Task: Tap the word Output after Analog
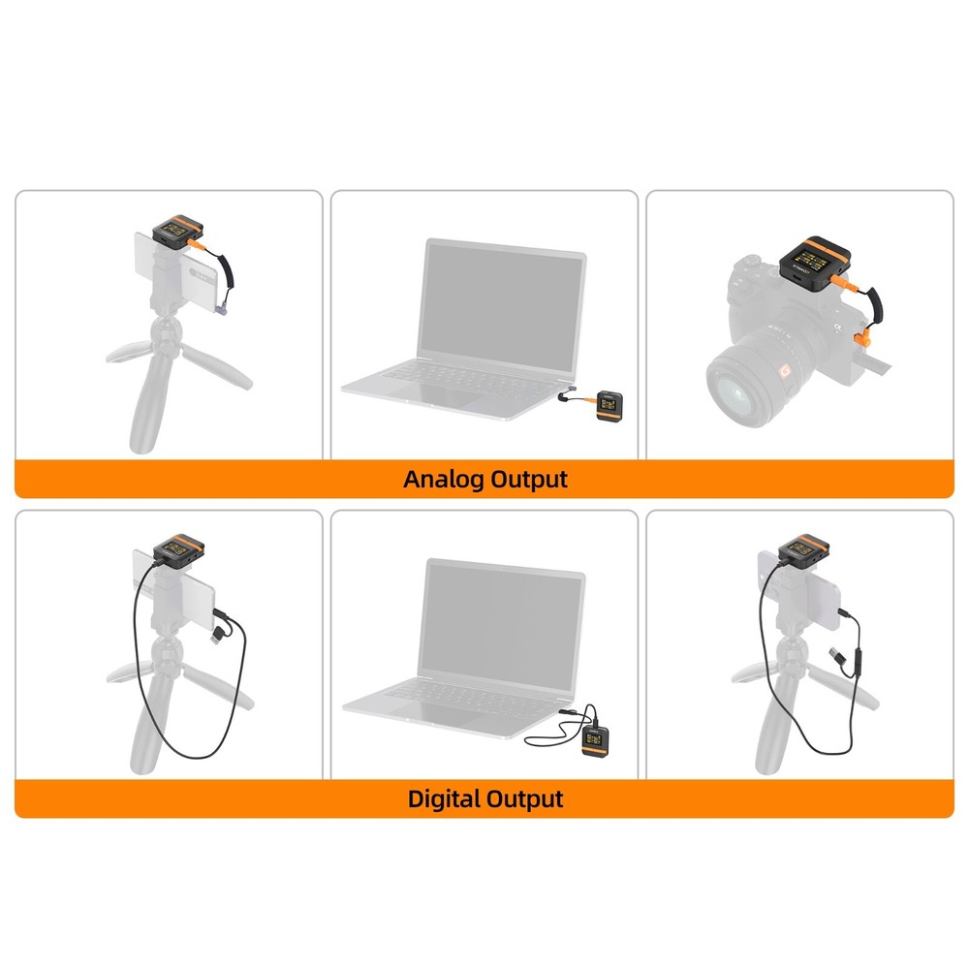tap(529, 479)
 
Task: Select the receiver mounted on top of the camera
tap(816, 259)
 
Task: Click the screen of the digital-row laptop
tap(503, 622)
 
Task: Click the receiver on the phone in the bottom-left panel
tap(181, 549)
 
